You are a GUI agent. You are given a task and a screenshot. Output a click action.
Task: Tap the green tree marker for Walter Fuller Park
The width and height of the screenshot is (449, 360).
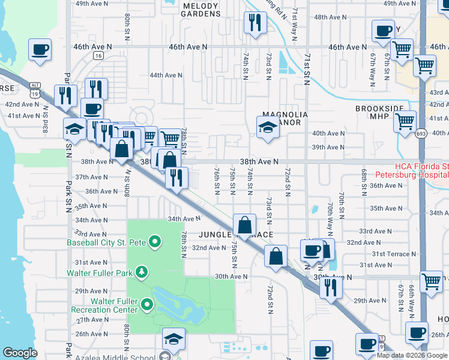[x=142, y=272]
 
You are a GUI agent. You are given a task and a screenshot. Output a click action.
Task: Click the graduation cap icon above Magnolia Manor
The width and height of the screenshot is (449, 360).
[x=268, y=127]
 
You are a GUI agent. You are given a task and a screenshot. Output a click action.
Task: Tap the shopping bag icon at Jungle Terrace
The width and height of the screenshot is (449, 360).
[x=244, y=226]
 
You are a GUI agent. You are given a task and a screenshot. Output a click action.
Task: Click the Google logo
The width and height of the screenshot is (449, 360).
[x=20, y=353]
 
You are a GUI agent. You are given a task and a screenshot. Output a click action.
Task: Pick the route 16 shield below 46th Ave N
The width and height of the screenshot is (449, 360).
[x=98, y=55]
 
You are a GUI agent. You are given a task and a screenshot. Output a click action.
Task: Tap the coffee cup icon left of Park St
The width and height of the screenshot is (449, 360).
[x=40, y=50]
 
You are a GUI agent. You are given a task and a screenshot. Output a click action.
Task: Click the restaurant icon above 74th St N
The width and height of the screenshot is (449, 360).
[x=255, y=23]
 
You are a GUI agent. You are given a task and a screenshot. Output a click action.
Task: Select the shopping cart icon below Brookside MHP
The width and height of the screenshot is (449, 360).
[x=405, y=121]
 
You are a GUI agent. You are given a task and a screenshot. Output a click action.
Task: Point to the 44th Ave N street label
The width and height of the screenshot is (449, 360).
[x=166, y=75]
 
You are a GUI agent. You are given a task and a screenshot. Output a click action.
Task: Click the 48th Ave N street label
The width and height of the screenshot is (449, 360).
[x=329, y=18]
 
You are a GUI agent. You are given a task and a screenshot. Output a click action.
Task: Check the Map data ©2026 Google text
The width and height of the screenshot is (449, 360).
[x=412, y=355]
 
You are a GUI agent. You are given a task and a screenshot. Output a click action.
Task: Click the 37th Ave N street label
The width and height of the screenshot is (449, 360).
[x=91, y=177]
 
